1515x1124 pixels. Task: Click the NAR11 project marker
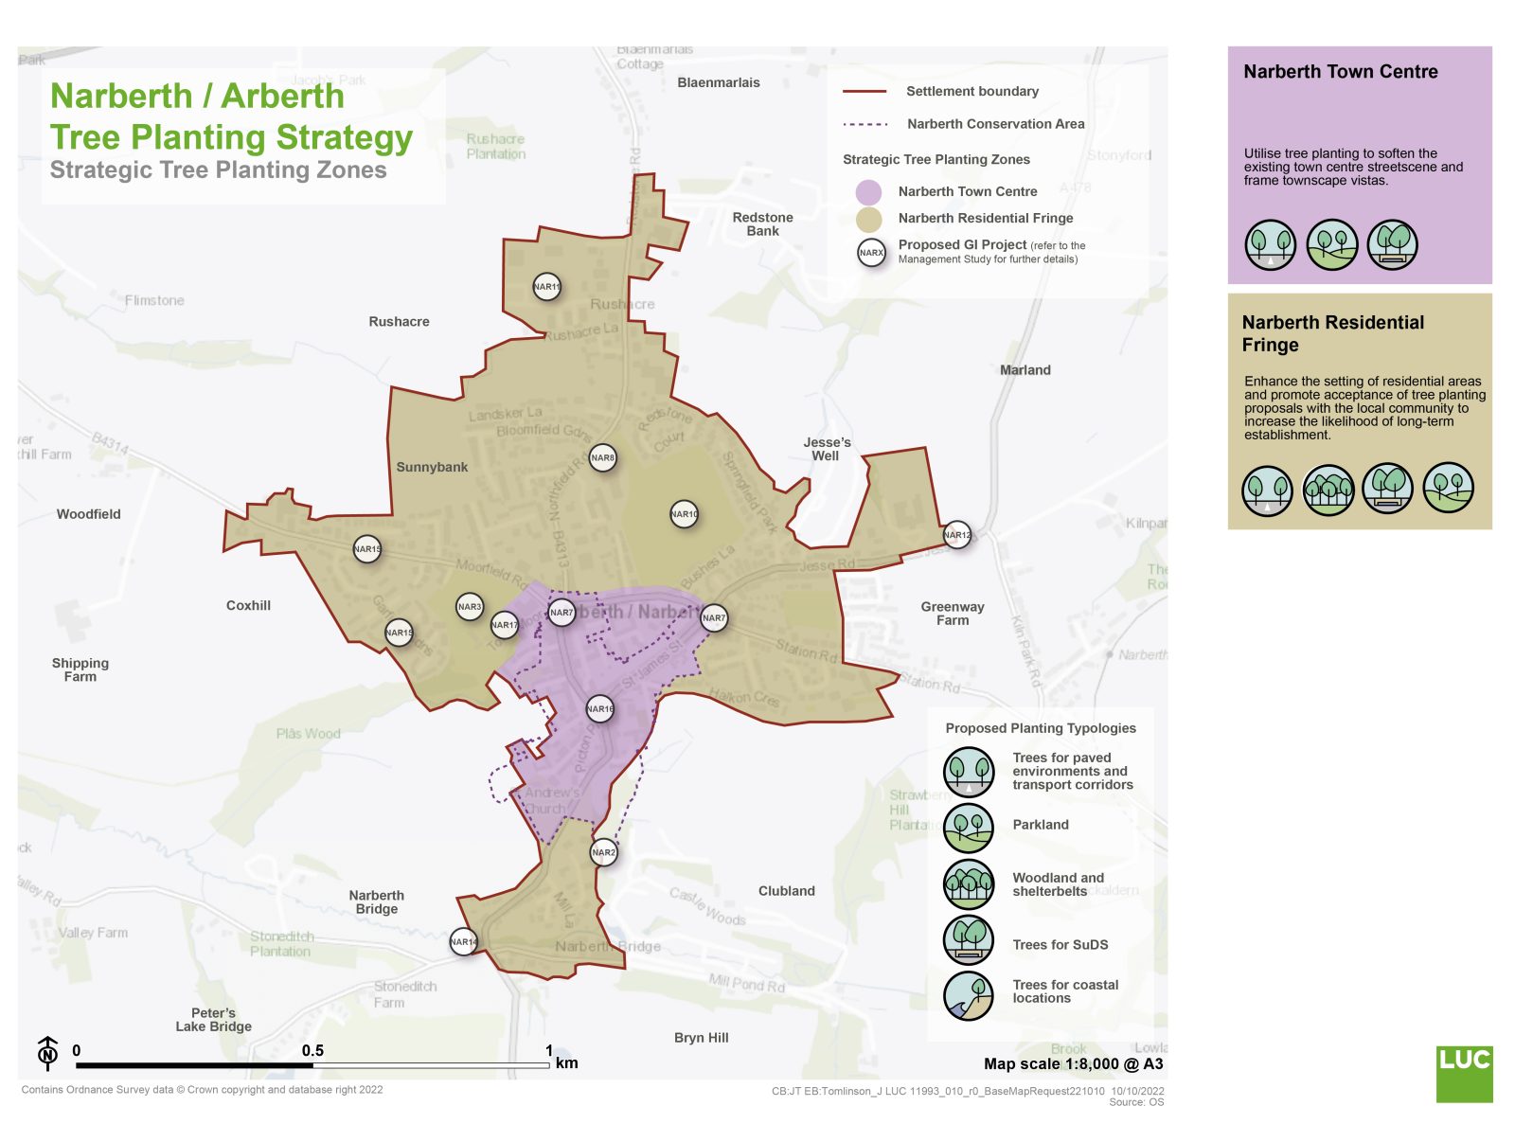tap(546, 287)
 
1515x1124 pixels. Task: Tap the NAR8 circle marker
tap(602, 458)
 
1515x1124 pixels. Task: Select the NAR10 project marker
tap(684, 514)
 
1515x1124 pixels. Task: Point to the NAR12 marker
tap(957, 535)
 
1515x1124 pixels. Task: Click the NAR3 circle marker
tap(470, 607)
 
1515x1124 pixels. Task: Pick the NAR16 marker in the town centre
tap(600, 709)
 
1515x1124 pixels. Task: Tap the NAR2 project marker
tap(603, 852)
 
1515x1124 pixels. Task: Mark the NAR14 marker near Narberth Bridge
tap(463, 941)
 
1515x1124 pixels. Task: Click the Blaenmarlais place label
tap(719, 83)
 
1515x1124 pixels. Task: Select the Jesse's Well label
tap(827, 449)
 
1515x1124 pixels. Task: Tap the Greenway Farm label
tap(953, 614)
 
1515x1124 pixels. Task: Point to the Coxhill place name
tap(248, 606)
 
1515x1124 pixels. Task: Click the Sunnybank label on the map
tap(432, 468)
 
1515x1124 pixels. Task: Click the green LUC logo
tap(1464, 1073)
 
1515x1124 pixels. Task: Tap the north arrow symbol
tap(47, 1053)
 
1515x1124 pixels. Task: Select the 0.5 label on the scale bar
tap(312, 1051)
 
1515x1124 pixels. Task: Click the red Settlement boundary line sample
tap(864, 92)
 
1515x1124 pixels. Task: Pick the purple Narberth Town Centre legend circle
tap(868, 192)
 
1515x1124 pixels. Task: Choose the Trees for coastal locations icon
tap(968, 995)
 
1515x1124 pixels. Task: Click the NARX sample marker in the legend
tap(871, 253)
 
